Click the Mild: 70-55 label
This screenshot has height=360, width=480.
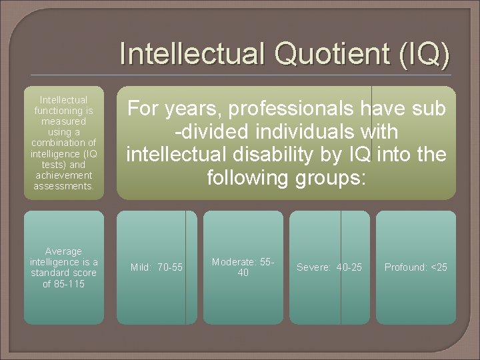[157, 267]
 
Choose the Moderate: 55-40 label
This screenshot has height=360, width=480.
[243, 267]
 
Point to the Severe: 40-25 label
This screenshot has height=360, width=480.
[329, 267]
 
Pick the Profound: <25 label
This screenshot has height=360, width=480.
[416, 267]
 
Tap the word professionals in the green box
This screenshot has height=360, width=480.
[282, 108]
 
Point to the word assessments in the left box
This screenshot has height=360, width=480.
[64, 186]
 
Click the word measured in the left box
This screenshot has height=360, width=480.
[64, 121]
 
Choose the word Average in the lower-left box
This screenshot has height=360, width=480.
[64, 251]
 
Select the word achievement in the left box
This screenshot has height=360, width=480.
[64, 175]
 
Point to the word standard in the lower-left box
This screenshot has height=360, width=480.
[53, 273]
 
